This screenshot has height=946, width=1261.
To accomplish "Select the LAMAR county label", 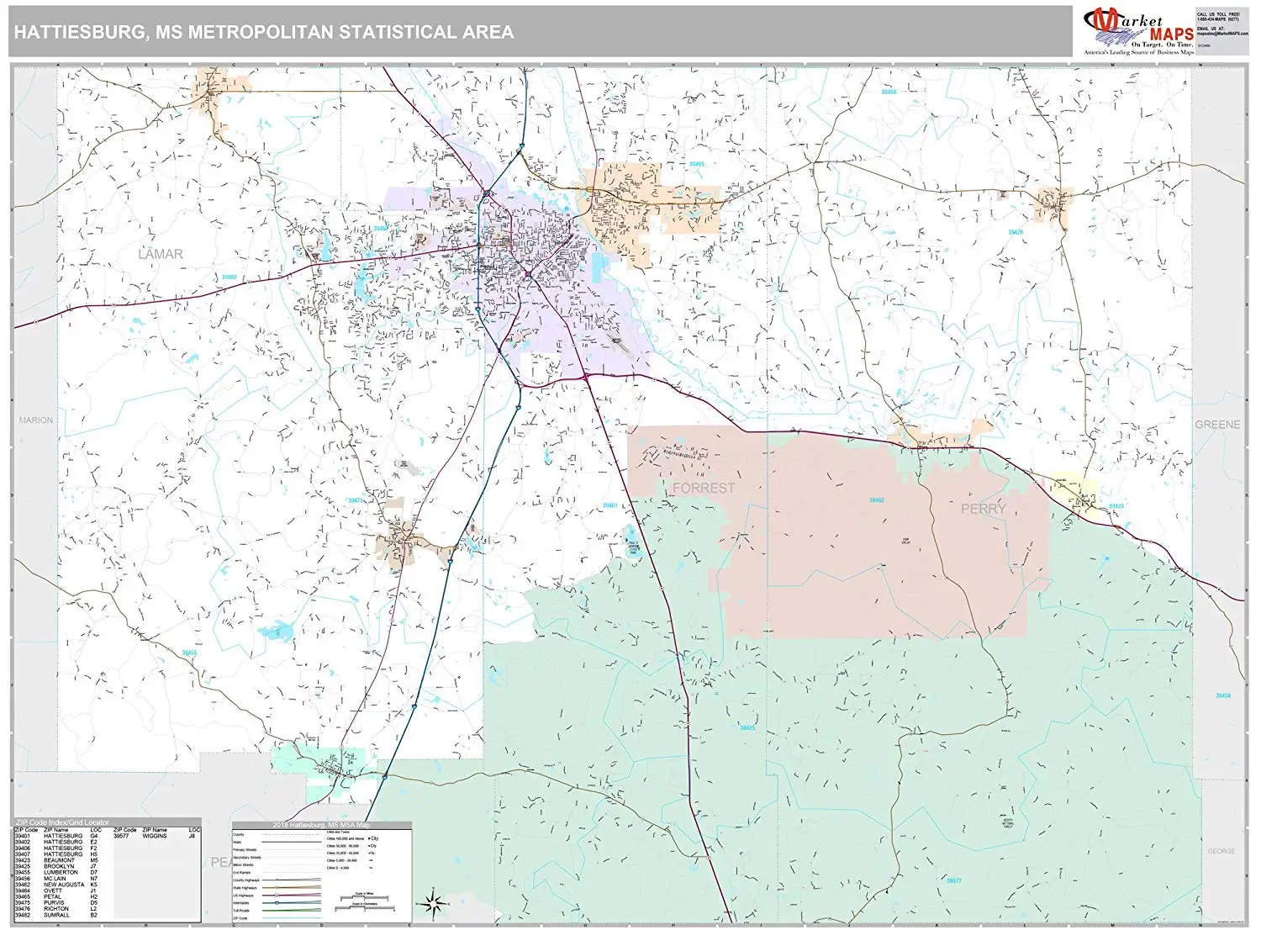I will [160, 254].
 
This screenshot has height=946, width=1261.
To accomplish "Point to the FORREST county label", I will [704, 488].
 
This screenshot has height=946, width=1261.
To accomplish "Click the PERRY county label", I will [983, 509].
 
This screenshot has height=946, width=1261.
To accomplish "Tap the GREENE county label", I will [1216, 425].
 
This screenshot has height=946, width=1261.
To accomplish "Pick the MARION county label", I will [36, 420].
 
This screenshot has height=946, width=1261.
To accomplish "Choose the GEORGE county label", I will [1221, 851].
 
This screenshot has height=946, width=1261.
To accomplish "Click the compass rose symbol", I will [434, 905].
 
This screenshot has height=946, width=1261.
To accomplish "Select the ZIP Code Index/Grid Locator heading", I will [62, 822].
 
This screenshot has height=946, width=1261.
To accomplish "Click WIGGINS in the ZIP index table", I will [155, 837].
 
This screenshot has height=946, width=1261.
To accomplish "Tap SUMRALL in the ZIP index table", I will [58, 915].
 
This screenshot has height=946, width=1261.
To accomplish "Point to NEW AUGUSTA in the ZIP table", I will [64, 885].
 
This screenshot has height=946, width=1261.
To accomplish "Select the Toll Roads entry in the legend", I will [241, 911].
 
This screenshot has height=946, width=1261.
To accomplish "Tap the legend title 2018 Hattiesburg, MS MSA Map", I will [321, 825].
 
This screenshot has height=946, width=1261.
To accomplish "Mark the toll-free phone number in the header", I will [1217, 19].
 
